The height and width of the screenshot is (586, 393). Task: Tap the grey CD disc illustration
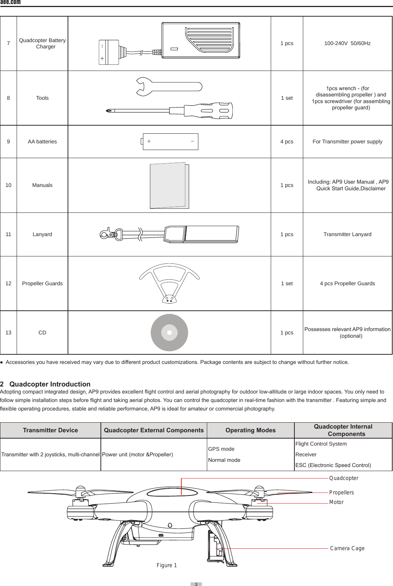pyautogui.click(x=169, y=333)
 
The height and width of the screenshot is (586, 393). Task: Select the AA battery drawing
pyautogui.click(x=170, y=142)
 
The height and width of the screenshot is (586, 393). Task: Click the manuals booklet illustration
pyautogui.click(x=169, y=185)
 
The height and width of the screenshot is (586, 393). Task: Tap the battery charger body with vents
pyautogui.click(x=201, y=40)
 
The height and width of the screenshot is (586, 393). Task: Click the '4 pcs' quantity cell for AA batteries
pyautogui.click(x=287, y=142)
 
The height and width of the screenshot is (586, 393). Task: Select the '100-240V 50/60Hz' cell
pyautogui.click(x=347, y=43)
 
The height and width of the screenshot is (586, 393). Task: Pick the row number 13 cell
pyautogui.click(x=8, y=333)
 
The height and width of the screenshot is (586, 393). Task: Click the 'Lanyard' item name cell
pyautogui.click(x=42, y=234)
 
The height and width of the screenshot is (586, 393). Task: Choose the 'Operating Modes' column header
pyautogui.click(x=250, y=430)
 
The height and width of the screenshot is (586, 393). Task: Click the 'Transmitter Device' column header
pyautogui.click(x=50, y=430)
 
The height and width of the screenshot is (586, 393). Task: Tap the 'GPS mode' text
pyautogui.click(x=221, y=449)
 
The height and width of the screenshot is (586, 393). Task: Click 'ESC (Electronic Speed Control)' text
pyautogui.click(x=333, y=465)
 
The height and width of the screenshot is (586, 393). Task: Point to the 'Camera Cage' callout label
pyautogui.click(x=347, y=548)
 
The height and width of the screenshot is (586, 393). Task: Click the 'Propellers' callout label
pyautogui.click(x=341, y=493)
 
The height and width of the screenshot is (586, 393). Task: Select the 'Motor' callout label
pyautogui.click(x=336, y=502)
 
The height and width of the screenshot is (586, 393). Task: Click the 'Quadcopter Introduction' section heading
pyautogui.click(x=49, y=384)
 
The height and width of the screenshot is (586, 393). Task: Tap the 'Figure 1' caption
pyautogui.click(x=167, y=565)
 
